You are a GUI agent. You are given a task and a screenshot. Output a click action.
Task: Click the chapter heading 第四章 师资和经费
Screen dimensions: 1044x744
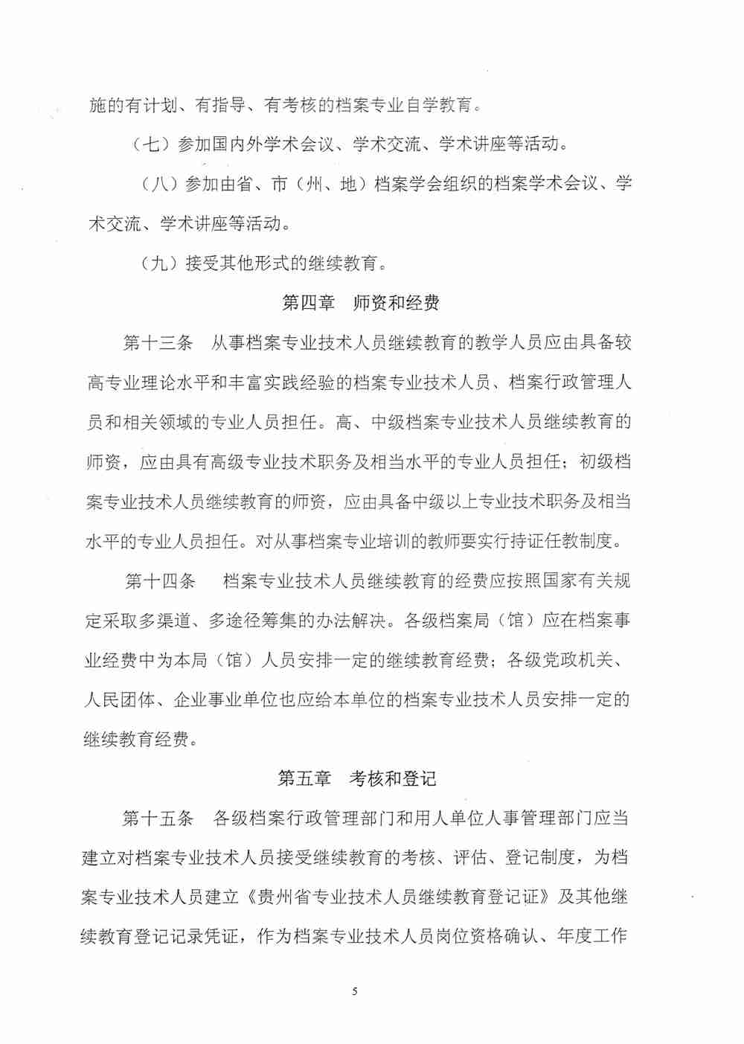361,303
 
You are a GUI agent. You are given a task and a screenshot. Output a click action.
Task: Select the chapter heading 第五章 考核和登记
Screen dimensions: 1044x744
356,778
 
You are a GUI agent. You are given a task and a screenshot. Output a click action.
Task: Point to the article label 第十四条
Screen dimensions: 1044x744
160,580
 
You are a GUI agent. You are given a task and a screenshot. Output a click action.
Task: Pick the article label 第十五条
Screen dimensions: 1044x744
157,818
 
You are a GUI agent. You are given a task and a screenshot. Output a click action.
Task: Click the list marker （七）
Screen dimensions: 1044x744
151,144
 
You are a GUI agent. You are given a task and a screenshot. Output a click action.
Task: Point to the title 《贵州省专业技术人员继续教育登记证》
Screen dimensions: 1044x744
396,897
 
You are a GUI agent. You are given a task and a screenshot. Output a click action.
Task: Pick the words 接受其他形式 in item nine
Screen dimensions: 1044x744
237,263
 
